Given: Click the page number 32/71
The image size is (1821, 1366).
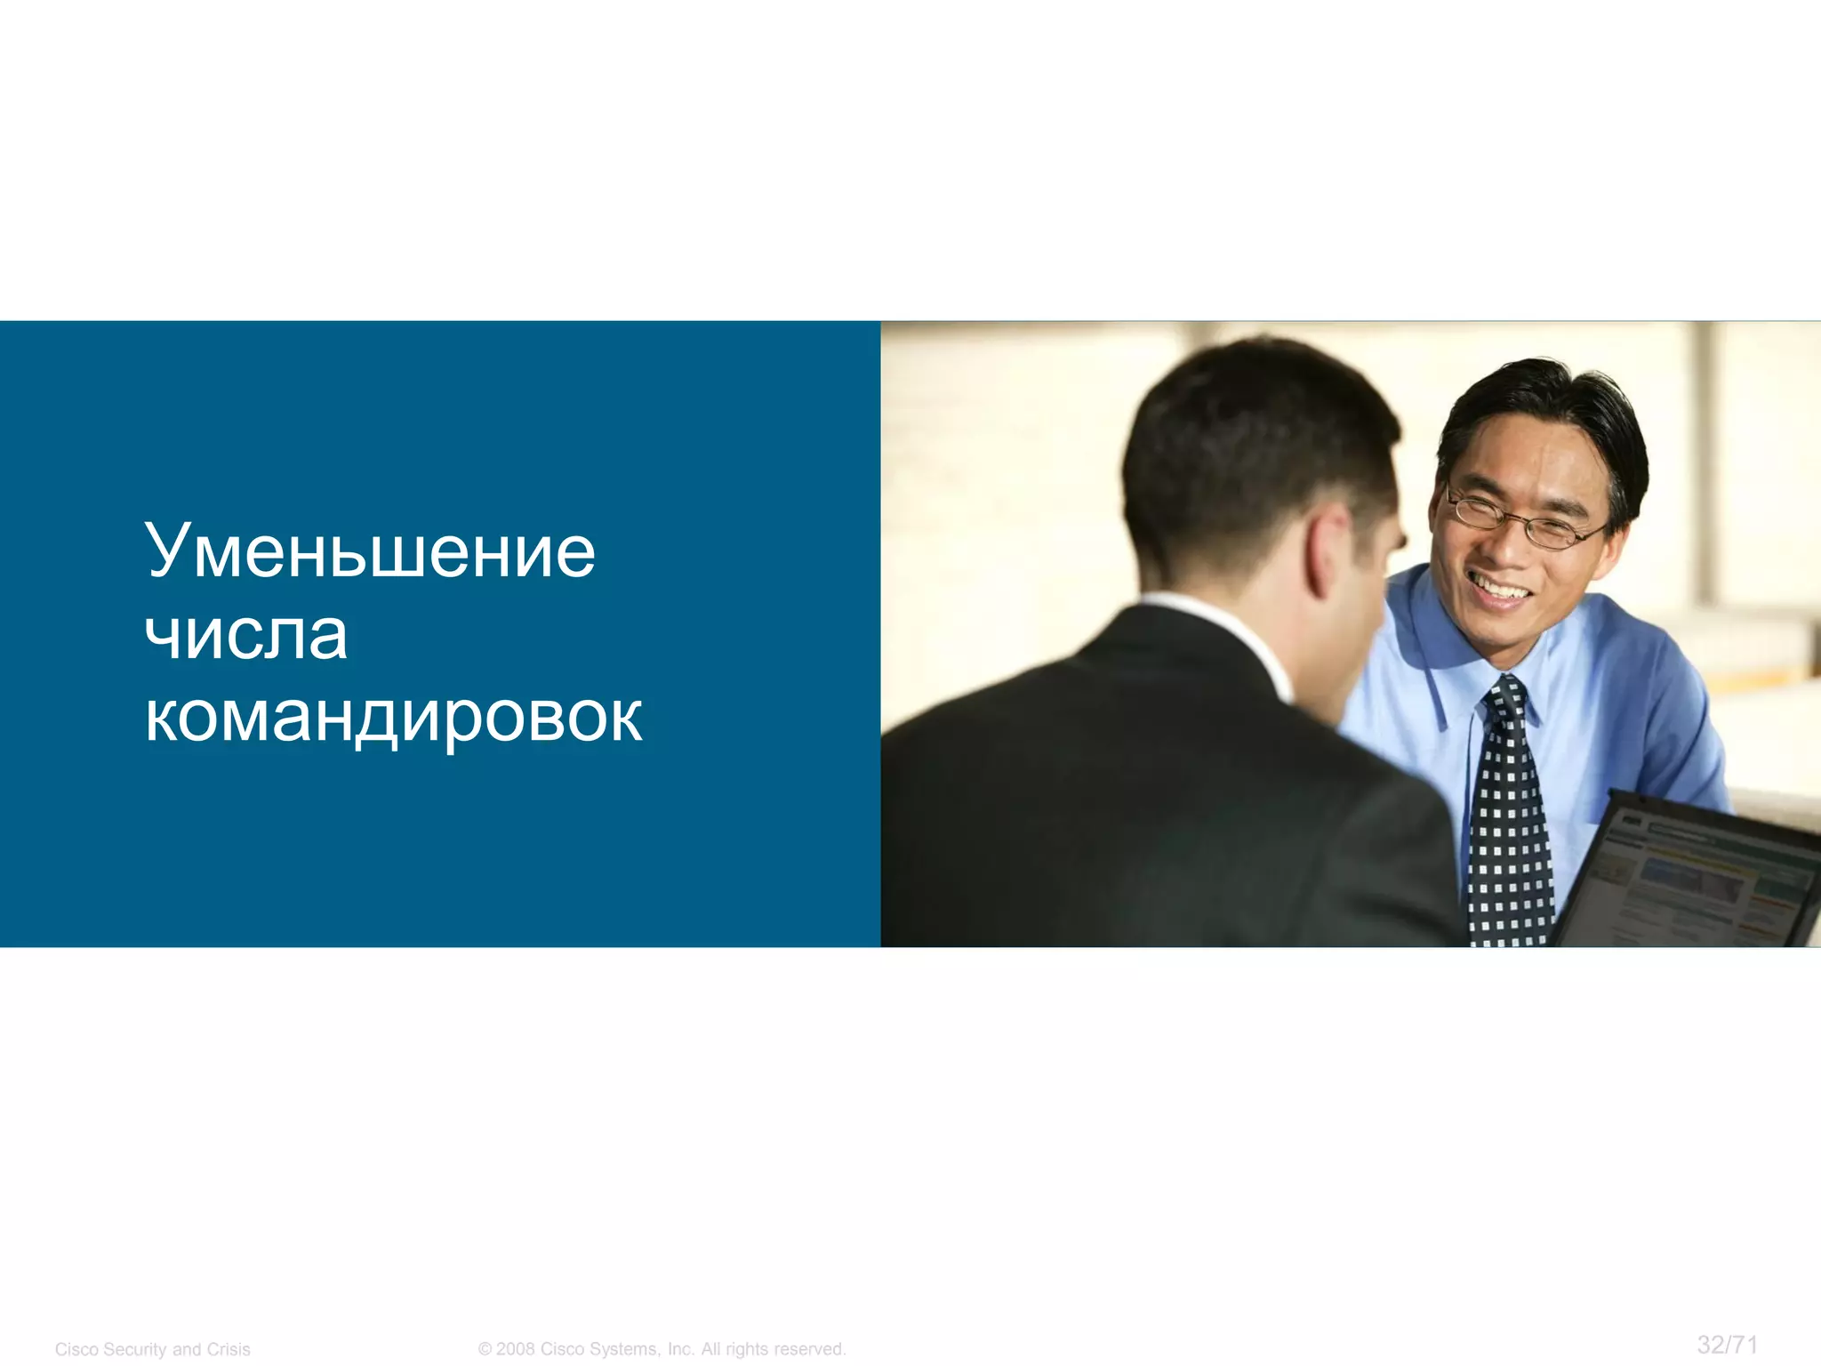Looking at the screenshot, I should coord(1727,1344).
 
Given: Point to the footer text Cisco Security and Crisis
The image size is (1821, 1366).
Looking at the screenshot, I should coord(153,1349).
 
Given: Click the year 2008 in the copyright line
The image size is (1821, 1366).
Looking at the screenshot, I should coord(516,1349).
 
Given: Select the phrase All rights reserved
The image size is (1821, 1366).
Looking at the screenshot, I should coord(773,1349).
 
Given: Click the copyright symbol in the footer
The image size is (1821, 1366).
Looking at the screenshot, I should coord(485,1349).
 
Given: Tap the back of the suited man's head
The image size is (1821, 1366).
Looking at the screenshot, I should coord(1245,462).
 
